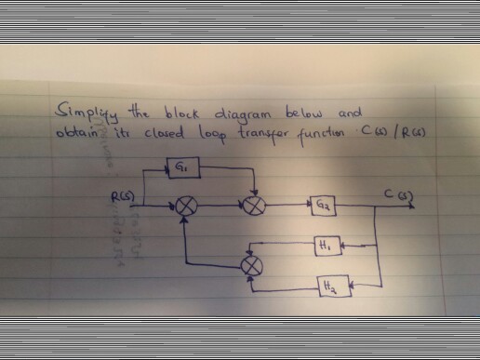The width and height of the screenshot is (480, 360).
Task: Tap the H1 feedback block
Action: [323, 246]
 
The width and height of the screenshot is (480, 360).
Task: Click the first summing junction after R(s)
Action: [186, 205]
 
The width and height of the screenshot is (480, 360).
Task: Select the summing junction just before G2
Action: [250, 204]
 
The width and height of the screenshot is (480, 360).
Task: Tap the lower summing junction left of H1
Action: [251, 267]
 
